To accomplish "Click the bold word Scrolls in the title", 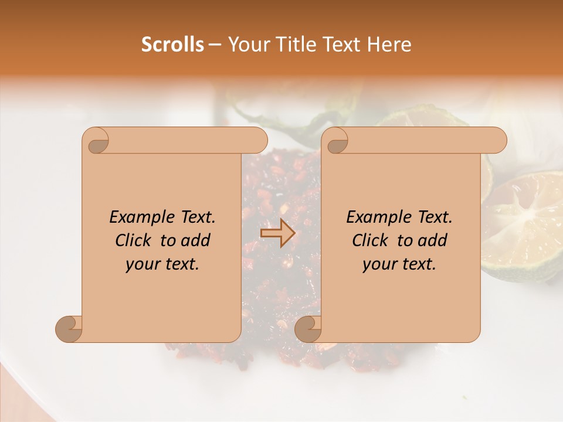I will click(x=172, y=45).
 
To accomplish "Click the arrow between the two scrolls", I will click(x=277, y=233).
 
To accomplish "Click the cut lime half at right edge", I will click(x=525, y=223).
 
